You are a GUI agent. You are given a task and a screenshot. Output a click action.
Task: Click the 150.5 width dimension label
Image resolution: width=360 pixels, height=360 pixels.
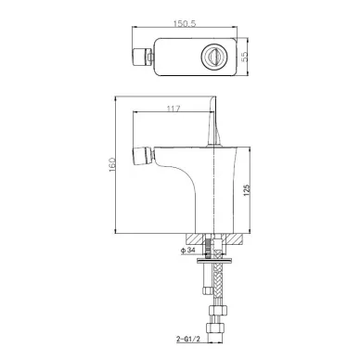click(x=185, y=23)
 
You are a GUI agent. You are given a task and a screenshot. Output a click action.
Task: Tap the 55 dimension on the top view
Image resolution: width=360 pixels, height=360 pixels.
click(x=244, y=57)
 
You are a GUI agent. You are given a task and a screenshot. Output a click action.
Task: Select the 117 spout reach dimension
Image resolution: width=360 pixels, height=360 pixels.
click(x=174, y=109)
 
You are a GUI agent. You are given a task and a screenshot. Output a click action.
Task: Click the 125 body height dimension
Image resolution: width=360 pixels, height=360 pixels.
click(x=247, y=190)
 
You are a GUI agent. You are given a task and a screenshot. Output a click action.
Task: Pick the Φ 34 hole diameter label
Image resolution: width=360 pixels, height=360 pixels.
click(x=188, y=251)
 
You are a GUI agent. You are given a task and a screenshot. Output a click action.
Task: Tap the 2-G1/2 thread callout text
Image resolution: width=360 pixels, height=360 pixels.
click(x=188, y=339)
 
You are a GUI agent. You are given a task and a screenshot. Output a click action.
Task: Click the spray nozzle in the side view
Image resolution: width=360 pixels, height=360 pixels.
click(x=143, y=157)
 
